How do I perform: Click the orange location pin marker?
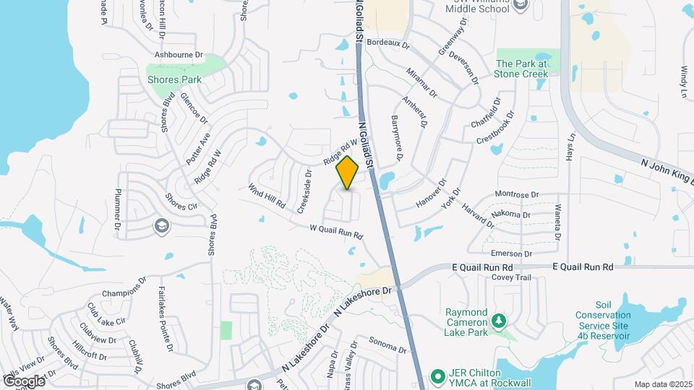(x=348, y=173)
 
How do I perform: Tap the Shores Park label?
(x=174, y=79)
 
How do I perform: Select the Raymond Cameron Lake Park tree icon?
(x=498, y=320)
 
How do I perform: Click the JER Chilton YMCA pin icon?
(x=437, y=376)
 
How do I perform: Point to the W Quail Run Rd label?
(x=335, y=233)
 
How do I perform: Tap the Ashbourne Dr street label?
(x=180, y=55)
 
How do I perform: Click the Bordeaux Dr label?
(x=388, y=44)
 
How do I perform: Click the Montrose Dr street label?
(x=518, y=194)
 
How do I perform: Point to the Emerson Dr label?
(x=511, y=253)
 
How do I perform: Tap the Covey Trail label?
(x=511, y=277)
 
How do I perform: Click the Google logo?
(x=23, y=380)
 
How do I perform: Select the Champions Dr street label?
(x=124, y=293)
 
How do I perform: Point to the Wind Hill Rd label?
(x=266, y=196)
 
